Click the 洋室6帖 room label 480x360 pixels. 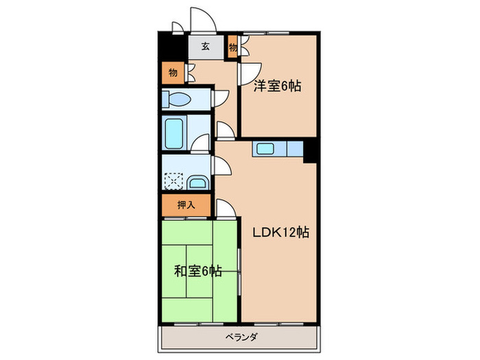(x=278, y=86)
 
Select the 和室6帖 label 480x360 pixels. (x=197, y=271)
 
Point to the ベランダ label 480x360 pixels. (x=240, y=337)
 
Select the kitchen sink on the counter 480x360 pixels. (x=265, y=149)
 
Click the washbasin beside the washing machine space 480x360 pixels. (x=197, y=183)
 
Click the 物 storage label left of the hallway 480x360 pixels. (x=172, y=71)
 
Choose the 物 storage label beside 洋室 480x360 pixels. (x=233, y=47)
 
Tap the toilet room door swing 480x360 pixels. (x=221, y=98)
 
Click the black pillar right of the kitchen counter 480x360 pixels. (x=311, y=150)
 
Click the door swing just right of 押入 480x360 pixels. (x=226, y=206)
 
